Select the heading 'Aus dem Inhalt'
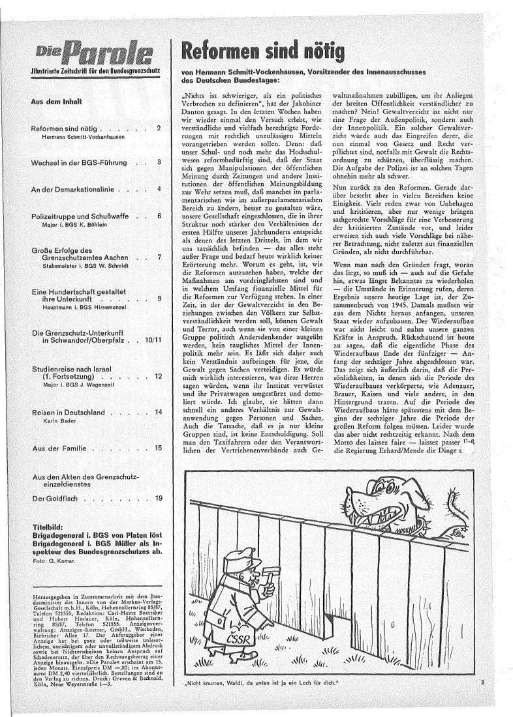click(55, 102)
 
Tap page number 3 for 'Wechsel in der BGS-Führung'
click(158, 162)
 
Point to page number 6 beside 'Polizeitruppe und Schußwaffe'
click(158, 214)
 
